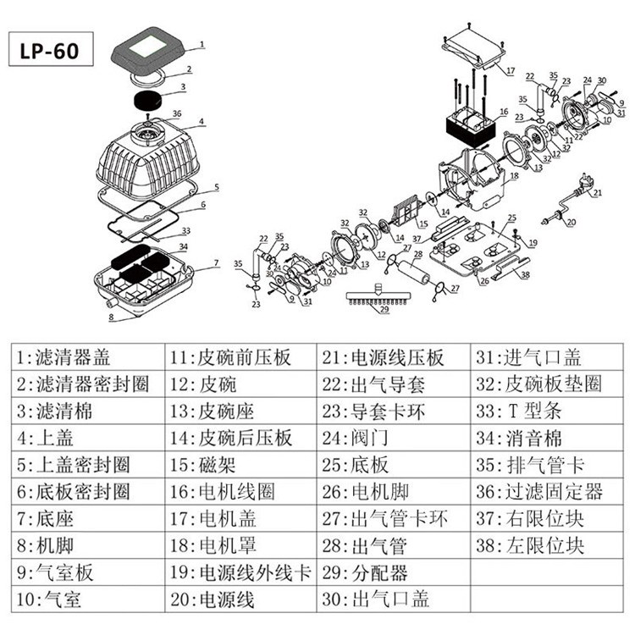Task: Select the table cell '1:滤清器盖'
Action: [89, 356]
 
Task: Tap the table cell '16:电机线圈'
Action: [242, 491]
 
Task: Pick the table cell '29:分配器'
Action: [394, 571]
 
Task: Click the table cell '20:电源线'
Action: [242, 599]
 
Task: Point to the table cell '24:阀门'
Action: [394, 438]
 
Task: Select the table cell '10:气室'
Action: [89, 599]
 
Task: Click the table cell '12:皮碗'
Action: [242, 384]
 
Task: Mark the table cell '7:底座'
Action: [89, 518]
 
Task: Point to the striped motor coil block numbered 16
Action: [469, 128]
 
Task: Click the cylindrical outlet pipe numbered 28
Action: [416, 273]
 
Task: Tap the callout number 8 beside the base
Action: [110, 317]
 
